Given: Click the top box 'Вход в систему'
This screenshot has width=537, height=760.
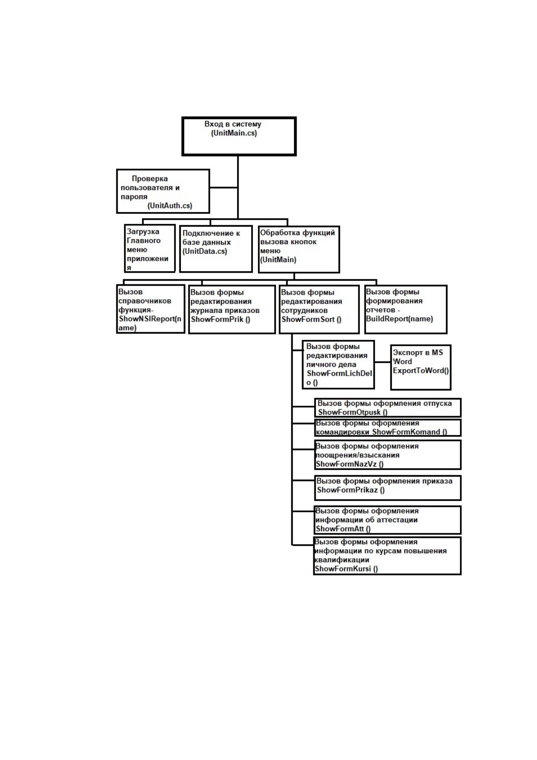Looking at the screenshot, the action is point(239,136).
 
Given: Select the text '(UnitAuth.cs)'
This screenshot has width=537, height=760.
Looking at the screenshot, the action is point(170,205).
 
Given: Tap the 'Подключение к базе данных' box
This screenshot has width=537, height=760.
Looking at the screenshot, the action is point(216,249).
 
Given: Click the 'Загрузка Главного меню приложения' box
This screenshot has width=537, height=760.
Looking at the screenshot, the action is point(150,248).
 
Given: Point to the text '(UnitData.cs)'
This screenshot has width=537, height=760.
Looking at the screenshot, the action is point(204,251).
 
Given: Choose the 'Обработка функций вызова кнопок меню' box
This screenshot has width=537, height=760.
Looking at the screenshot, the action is point(298,249).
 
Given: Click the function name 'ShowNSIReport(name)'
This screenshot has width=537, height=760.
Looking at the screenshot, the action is point(150,323).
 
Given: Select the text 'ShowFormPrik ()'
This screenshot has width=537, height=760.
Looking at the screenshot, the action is point(220,319).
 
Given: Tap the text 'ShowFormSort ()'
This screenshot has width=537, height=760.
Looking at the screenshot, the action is point(311,319).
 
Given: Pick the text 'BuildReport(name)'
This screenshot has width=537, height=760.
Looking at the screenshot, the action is point(399,319).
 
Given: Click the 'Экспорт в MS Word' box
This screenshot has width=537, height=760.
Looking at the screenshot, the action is point(420,367).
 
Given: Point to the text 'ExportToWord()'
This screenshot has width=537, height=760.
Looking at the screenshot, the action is point(420,370).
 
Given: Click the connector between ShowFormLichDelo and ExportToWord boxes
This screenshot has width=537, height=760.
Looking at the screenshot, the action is point(382,362).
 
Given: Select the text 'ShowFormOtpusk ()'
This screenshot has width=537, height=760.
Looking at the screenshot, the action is point(352,412).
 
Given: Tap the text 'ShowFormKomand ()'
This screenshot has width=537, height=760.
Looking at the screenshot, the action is point(409,431).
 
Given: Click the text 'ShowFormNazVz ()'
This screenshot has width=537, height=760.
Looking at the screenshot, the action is point(349,464).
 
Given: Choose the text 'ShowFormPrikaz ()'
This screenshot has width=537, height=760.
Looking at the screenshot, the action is point(350,490).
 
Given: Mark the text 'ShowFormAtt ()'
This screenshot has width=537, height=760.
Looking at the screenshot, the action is point(343,528).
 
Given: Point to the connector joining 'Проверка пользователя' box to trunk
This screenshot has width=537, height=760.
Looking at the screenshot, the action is point(223,187).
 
